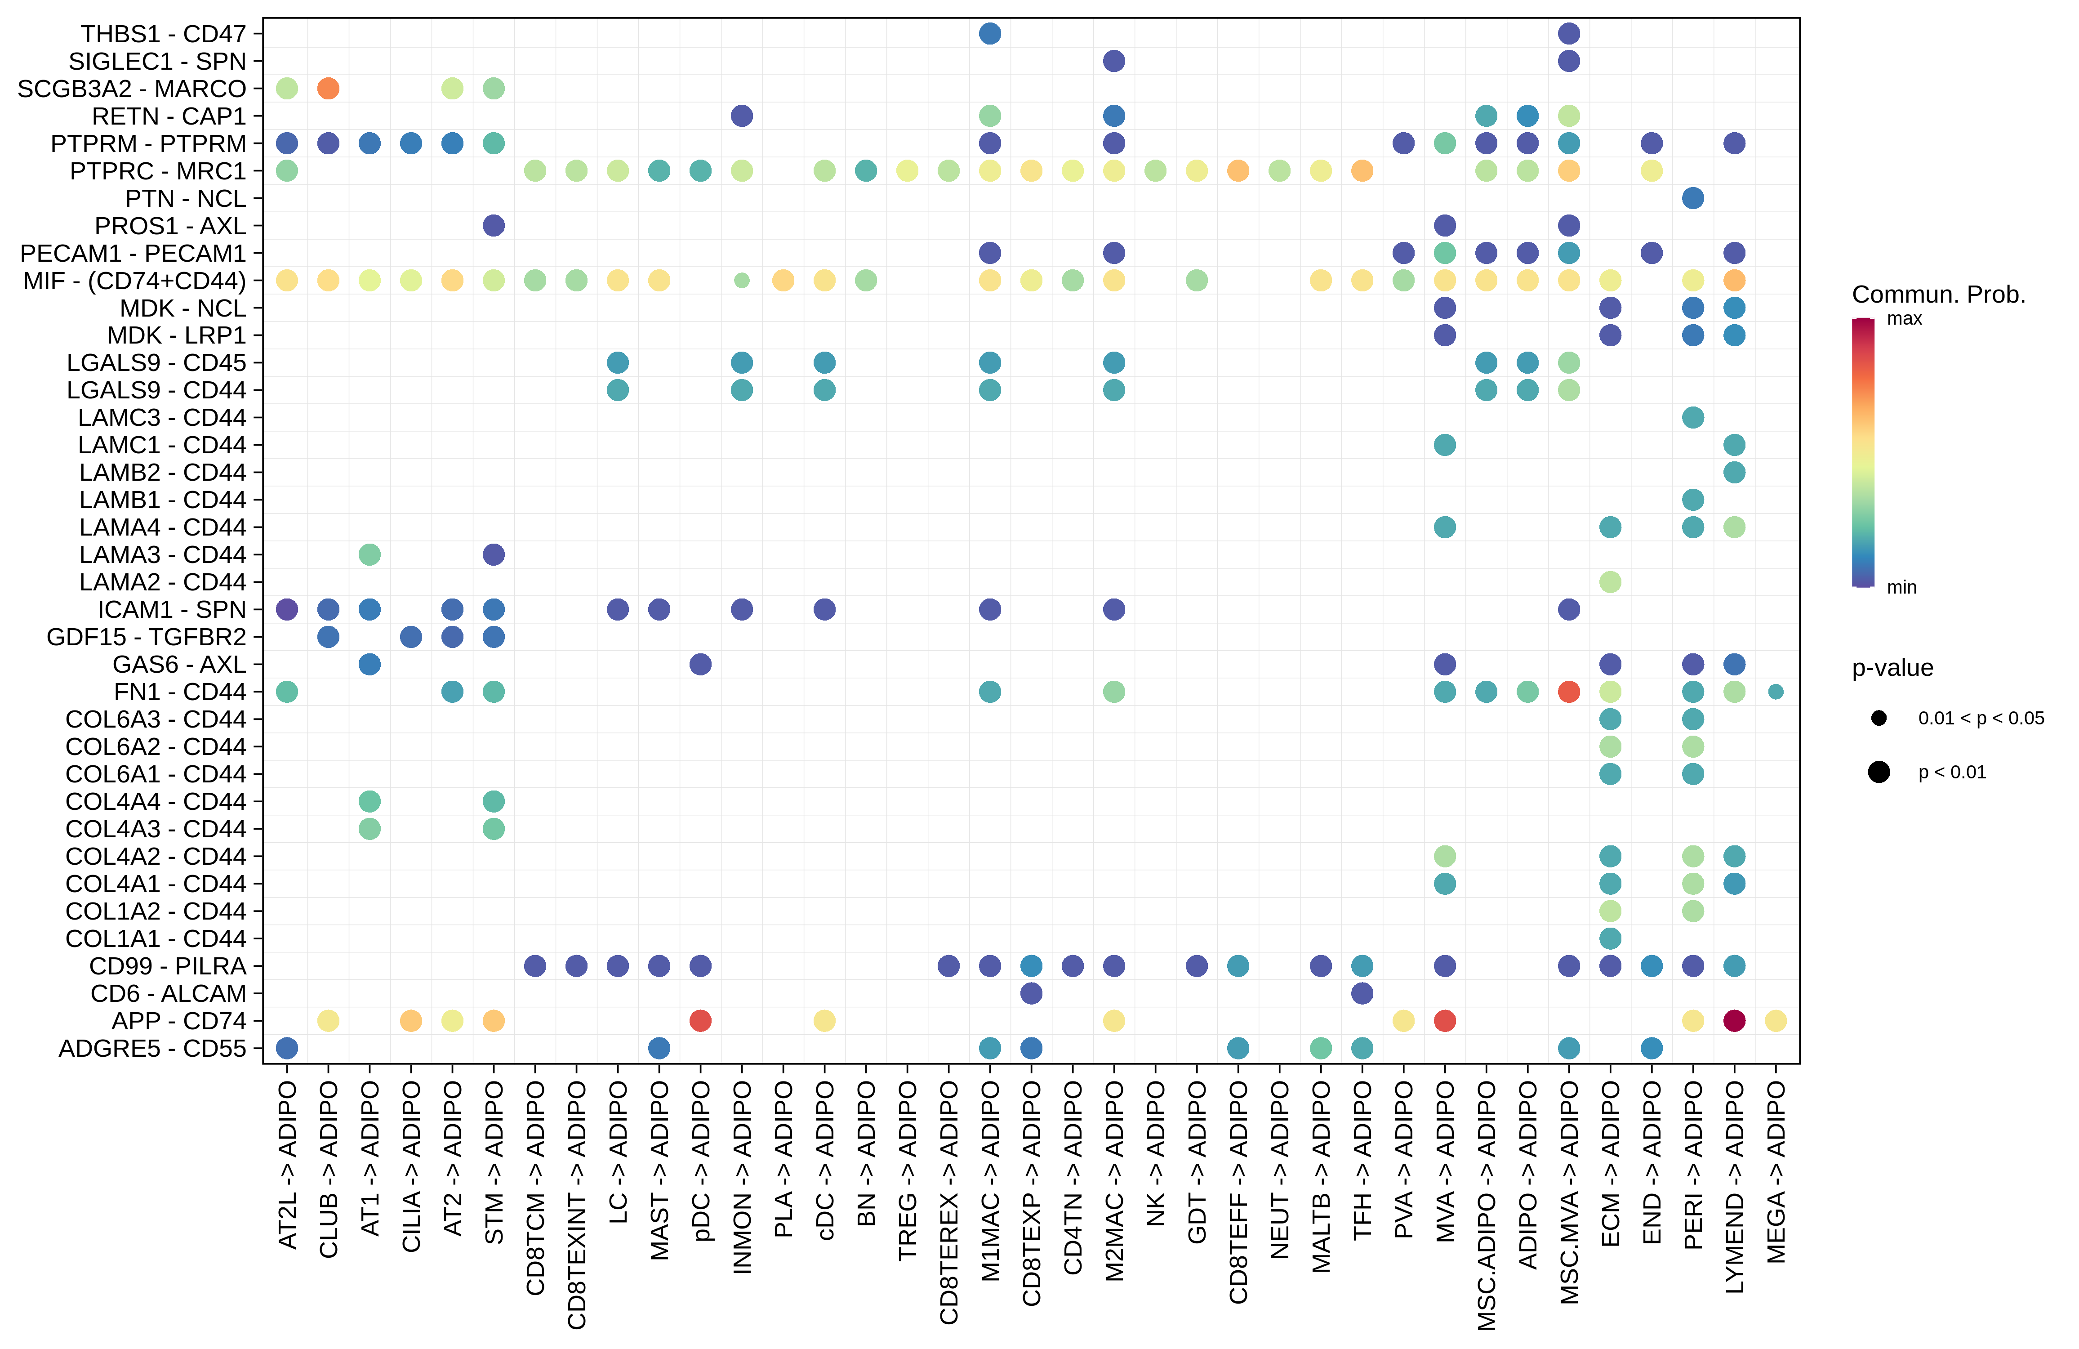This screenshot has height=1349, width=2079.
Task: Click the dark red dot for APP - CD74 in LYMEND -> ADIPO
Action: tap(1734, 1020)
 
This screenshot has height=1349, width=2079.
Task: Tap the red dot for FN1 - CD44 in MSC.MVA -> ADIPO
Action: tap(1569, 692)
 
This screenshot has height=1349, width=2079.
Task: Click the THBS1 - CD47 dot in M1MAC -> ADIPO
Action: tap(990, 33)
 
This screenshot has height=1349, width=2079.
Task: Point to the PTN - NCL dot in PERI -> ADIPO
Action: tap(1693, 198)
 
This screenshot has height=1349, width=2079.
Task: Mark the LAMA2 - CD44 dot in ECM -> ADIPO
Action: tap(1610, 582)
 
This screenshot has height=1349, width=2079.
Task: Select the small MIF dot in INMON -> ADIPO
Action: tap(742, 281)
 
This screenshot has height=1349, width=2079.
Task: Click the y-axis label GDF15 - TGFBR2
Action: tap(147, 637)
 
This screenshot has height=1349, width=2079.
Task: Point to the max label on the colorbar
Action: tap(1904, 319)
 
